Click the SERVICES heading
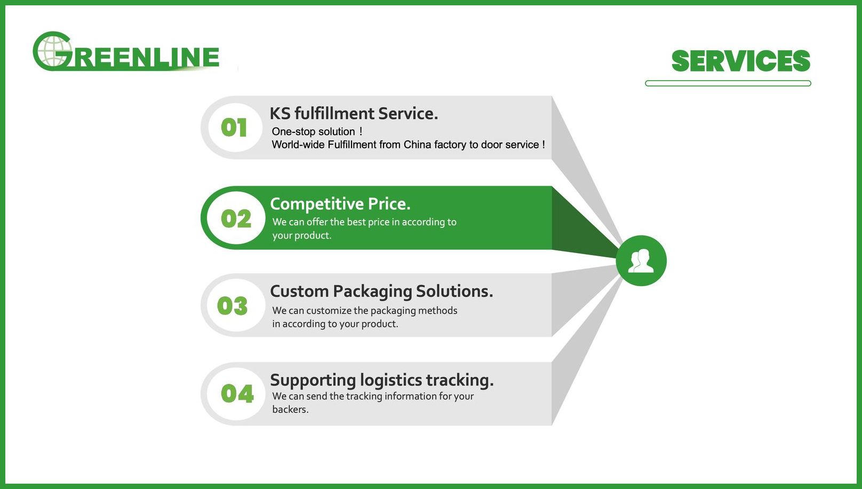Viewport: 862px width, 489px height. tap(741, 61)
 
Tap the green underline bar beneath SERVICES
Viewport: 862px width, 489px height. tap(728, 83)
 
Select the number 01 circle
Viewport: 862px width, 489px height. tap(235, 128)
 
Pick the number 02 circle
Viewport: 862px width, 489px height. tap(236, 218)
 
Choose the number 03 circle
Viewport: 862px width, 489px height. tap(236, 305)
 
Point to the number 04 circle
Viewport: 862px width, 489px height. tap(236, 393)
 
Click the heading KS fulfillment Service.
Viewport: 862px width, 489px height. tap(354, 114)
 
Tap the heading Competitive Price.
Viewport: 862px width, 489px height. tap(340, 204)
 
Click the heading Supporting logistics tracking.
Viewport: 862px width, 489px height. tap(382, 381)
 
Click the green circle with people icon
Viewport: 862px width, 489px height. tap(641, 261)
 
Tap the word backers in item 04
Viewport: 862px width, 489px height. tap(290, 409)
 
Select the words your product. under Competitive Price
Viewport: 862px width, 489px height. tap(302, 235)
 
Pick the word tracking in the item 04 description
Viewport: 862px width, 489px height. tap(364, 397)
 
